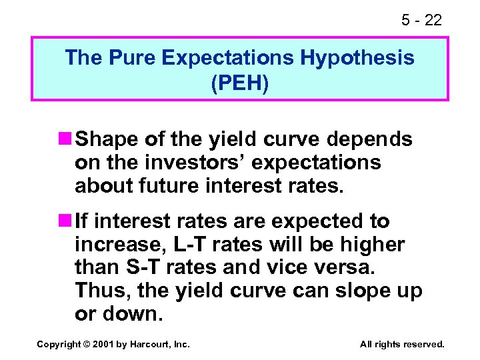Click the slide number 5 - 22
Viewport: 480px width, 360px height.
pyautogui.click(x=421, y=21)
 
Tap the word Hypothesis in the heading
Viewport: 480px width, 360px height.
pyautogui.click(x=357, y=58)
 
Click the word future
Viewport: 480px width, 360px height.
pyautogui.click(x=165, y=186)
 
